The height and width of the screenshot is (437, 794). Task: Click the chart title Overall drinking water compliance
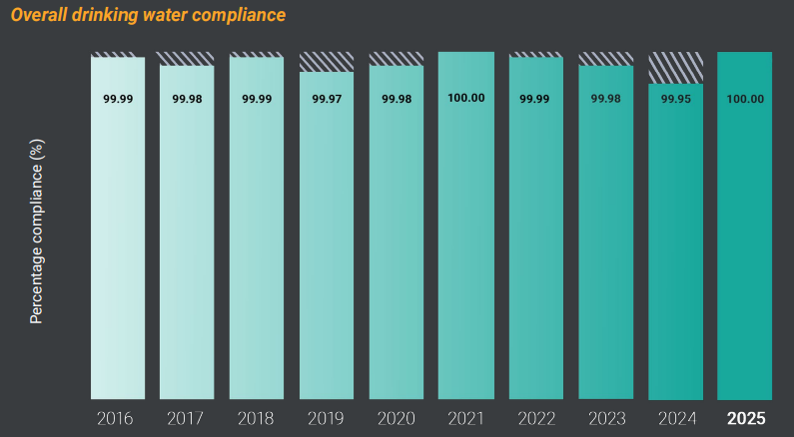click(148, 15)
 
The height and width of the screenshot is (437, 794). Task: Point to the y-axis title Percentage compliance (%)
click(37, 231)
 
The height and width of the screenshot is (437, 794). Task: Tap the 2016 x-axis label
click(118, 418)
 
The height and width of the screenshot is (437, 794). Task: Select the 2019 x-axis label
click(327, 418)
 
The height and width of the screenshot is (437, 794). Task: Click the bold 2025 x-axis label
click(745, 418)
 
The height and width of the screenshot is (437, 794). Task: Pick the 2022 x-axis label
click(535, 418)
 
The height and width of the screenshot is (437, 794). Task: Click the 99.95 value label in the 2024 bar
click(675, 98)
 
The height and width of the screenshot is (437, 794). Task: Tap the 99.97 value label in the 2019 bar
click(327, 99)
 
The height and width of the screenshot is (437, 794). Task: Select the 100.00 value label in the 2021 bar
click(465, 98)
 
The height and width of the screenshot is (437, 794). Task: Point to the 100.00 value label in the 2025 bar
click(745, 98)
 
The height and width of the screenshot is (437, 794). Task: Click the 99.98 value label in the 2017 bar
click(187, 99)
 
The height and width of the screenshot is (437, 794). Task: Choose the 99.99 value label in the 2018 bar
click(257, 99)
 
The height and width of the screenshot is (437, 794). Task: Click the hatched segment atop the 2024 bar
click(675, 67)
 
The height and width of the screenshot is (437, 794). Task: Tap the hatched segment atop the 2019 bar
click(327, 61)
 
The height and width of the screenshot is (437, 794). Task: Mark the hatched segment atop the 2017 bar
click(187, 58)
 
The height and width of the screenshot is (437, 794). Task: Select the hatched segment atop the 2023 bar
click(605, 58)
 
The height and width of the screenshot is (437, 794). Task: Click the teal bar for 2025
click(745, 249)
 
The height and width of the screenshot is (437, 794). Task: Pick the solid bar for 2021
click(465, 249)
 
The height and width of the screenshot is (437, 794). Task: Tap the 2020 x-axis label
click(397, 418)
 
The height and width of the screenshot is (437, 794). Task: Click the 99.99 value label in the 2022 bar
click(535, 99)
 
